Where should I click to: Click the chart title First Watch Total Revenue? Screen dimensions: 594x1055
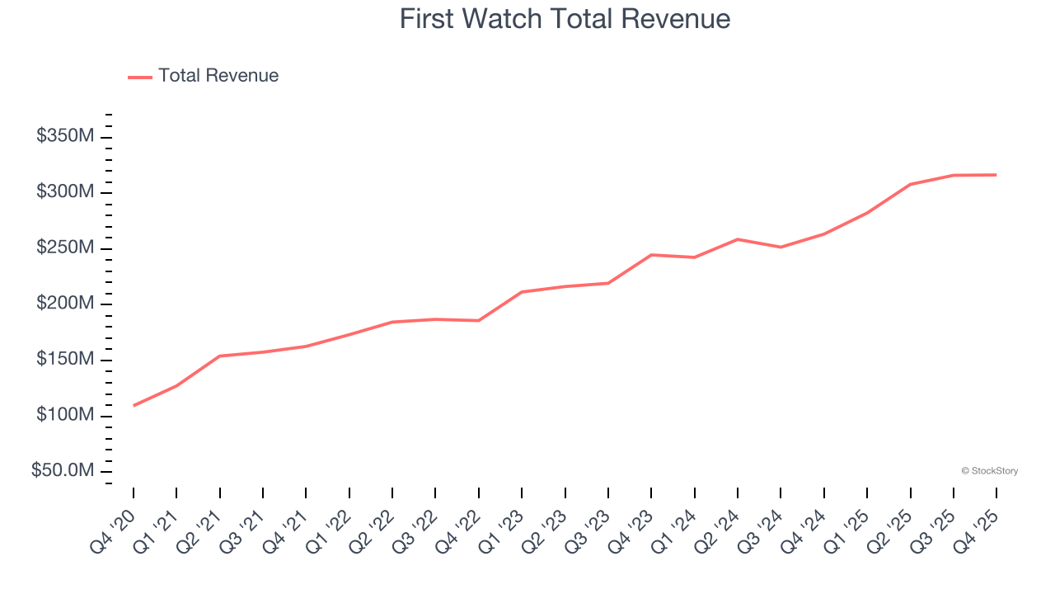tap(565, 18)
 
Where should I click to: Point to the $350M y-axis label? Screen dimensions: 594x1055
tap(65, 136)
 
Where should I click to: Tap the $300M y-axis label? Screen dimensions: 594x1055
tap(65, 192)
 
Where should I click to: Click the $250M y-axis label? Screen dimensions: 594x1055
tap(65, 248)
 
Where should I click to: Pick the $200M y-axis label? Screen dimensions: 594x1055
tap(65, 304)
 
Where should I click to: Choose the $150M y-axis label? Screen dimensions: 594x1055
tap(65, 360)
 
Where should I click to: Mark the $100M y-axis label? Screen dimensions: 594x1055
tap(65, 415)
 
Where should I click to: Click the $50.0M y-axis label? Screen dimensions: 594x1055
tap(63, 471)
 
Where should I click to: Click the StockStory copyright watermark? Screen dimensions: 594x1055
tap(989, 471)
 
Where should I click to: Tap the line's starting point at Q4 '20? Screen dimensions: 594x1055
tap(134, 405)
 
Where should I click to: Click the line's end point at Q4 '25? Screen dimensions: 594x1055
tap(996, 175)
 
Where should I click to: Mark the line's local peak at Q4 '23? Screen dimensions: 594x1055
tap(651, 255)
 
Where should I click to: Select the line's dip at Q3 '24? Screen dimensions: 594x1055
tap(781, 247)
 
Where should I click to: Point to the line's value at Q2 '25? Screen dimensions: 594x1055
tap(910, 184)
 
